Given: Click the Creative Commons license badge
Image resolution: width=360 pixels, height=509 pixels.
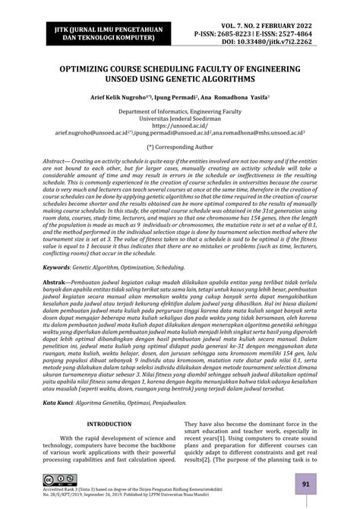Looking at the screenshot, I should (x=55, y=479).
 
